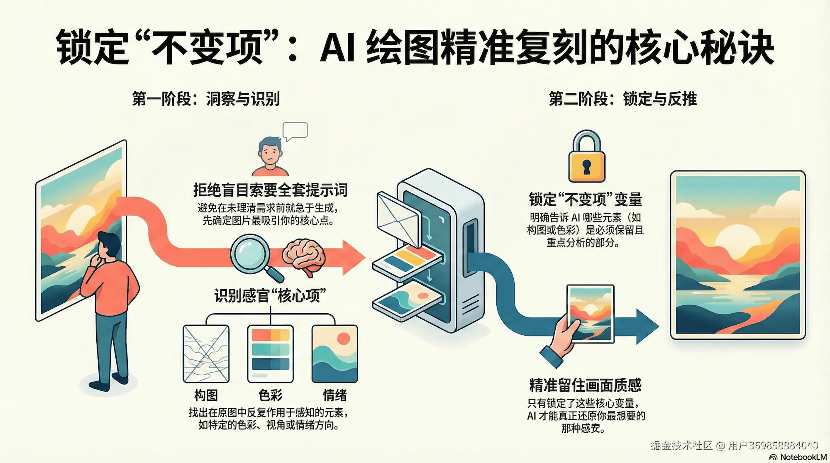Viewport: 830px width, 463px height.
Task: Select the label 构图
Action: (206, 395)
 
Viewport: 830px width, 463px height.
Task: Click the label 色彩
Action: (270, 395)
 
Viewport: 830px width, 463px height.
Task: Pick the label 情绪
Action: (334, 395)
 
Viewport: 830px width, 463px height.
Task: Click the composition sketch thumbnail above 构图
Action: (206, 353)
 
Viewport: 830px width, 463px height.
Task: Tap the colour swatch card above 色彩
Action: (270, 353)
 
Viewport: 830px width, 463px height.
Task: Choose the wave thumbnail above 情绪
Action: (334, 353)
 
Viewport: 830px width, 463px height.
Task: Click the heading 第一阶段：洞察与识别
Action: (206, 99)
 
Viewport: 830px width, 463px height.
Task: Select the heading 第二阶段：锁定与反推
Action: (622, 99)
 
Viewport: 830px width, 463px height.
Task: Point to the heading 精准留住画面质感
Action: (585, 385)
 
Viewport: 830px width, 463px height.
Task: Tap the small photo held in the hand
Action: (590, 314)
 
